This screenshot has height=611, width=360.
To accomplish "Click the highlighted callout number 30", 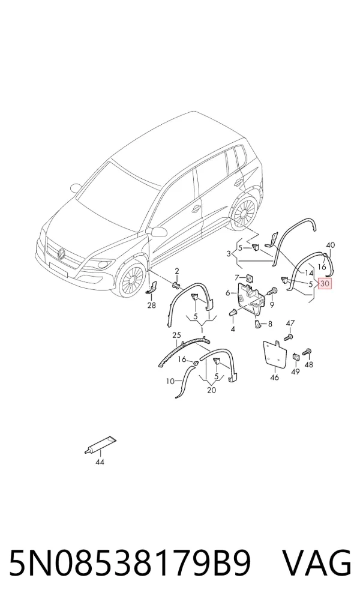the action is coord(325,284).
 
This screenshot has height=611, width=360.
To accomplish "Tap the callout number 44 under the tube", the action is coord(100,462).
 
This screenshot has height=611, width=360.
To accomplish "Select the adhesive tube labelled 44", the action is coord(100,445).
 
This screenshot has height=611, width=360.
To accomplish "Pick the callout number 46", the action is coord(275,378).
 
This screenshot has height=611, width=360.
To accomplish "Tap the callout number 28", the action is coord(152,305).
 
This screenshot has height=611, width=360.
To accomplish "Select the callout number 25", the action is coord(177,335).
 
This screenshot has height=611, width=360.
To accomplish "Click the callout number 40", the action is coord(331,245).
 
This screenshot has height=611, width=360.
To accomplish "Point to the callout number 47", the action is coord(290,323).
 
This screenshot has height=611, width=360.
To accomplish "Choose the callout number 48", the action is coord(309,365).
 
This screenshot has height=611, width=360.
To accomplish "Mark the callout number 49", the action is coord(295,372).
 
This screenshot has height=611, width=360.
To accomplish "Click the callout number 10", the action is coord(170,382).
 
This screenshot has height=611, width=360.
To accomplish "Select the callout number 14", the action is coord(309,272).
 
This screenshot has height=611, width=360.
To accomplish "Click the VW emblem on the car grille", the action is coord(61,254).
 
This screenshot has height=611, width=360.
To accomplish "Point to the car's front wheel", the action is coord(132,280).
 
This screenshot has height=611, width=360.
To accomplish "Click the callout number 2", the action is coord(177,271).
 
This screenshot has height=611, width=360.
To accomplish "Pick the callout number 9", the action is coord(272,304).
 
